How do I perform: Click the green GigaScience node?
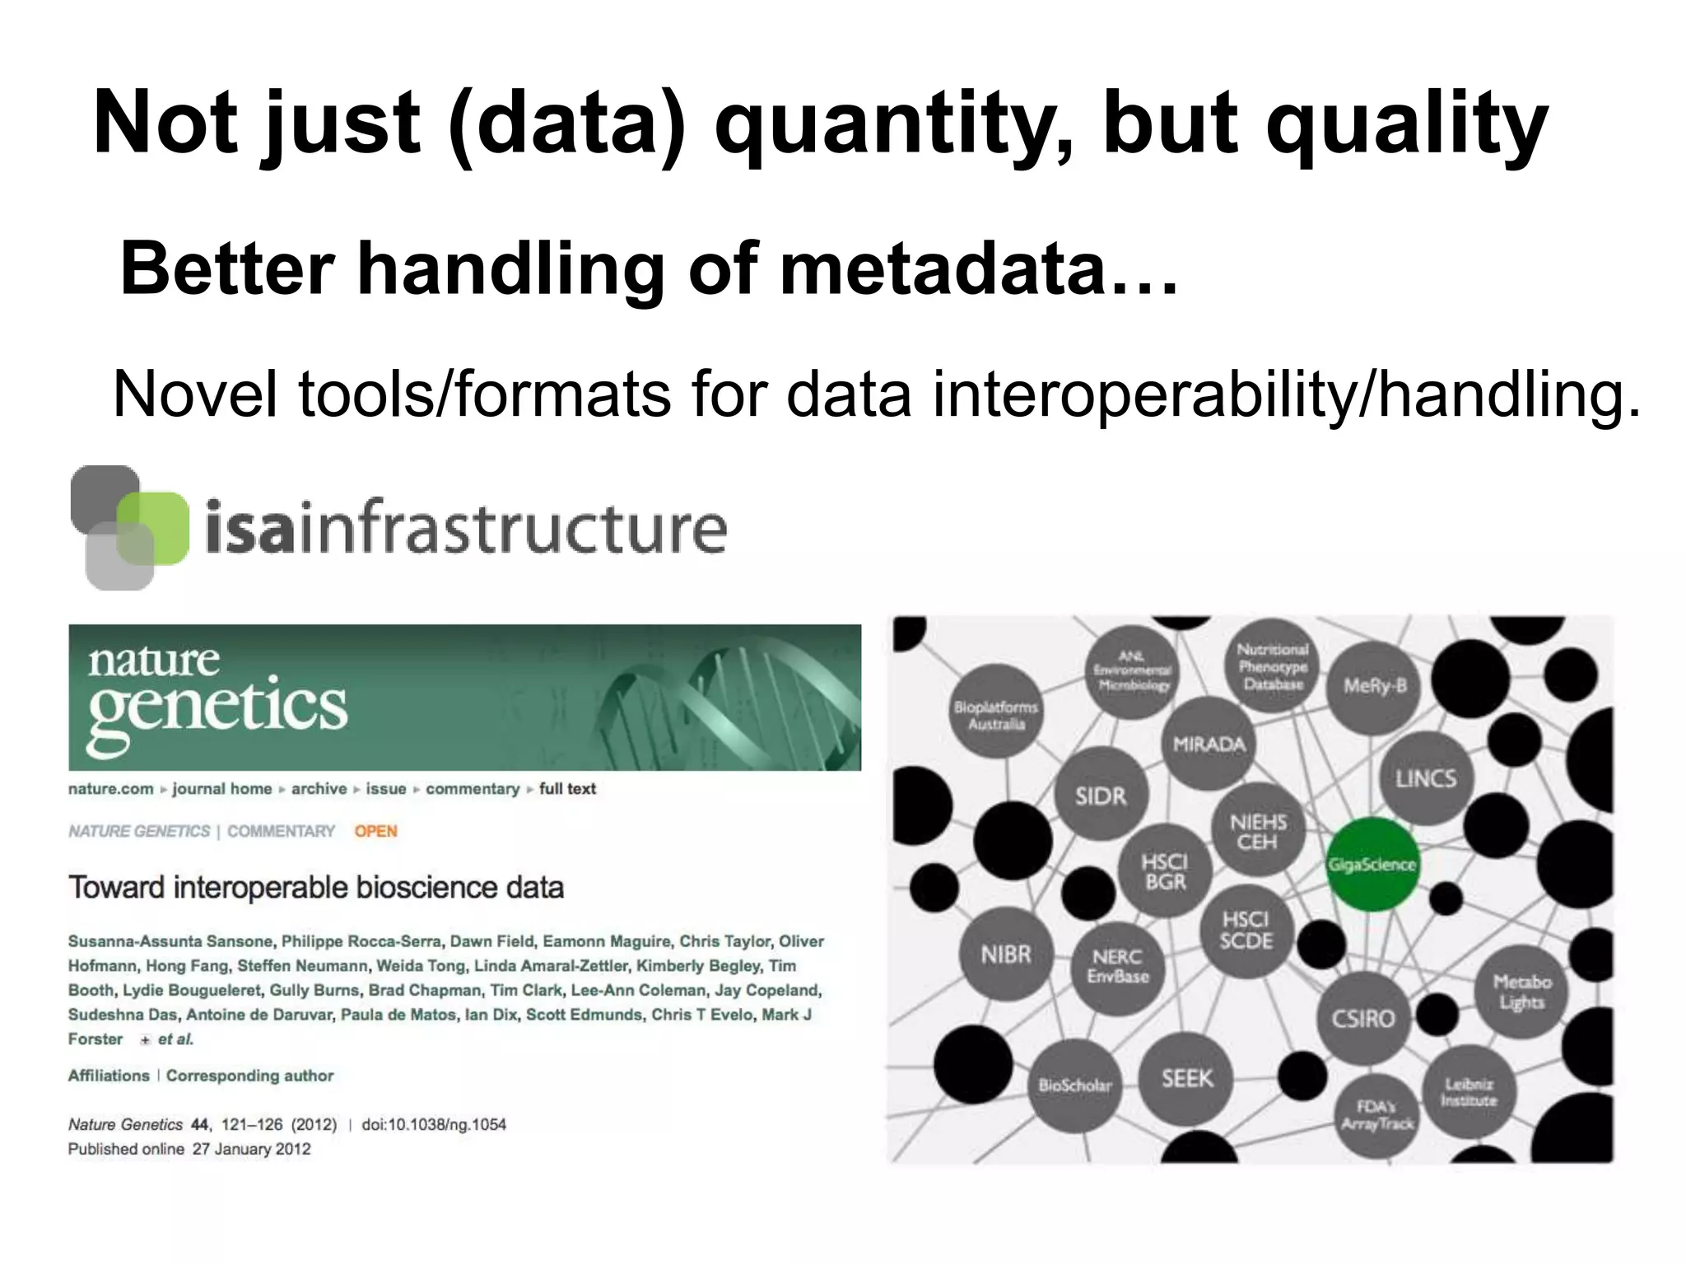pos(1372,864)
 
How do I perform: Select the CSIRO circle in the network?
pos(1363,1018)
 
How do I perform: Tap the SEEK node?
pos(1187,1078)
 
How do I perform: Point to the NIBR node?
pos(1006,955)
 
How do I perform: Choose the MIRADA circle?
pos(1209,744)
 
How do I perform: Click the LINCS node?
pos(1426,778)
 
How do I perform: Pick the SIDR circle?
pos(1101,796)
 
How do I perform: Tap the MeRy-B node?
pos(1375,686)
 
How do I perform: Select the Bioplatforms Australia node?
pos(996,715)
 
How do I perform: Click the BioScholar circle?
pos(1075,1085)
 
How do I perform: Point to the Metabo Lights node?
pos(1521,992)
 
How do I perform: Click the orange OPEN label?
pos(375,831)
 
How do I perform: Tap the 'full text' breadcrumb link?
pos(567,789)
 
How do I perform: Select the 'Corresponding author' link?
pos(249,1076)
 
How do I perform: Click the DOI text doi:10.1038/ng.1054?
pos(434,1124)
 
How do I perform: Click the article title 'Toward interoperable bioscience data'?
pos(316,888)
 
